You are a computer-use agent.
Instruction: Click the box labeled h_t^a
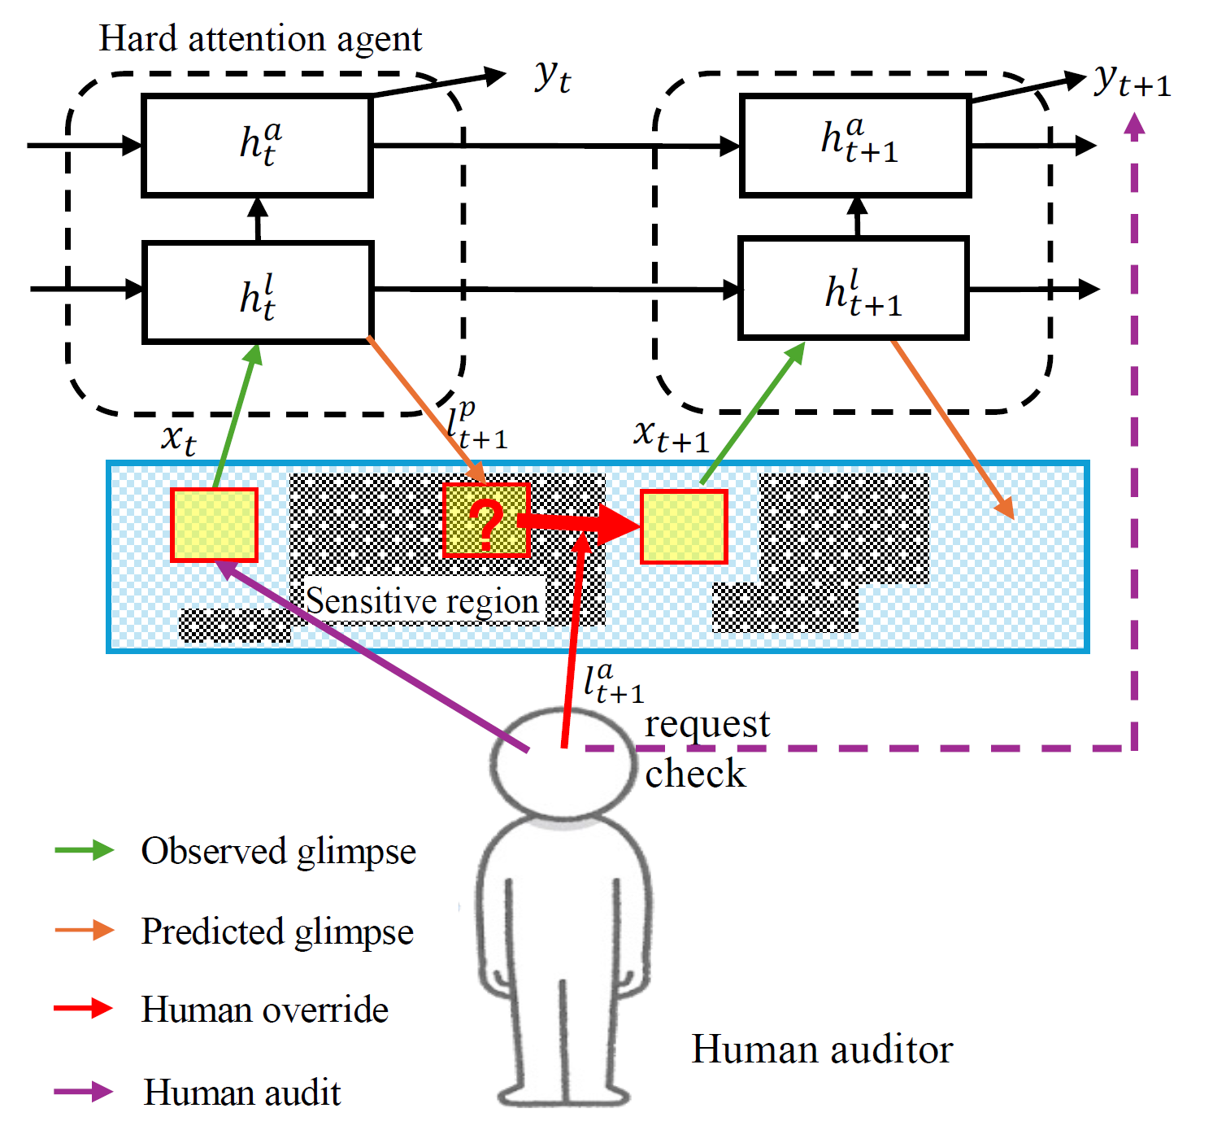[x=257, y=146]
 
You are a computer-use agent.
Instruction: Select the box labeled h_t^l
[x=257, y=292]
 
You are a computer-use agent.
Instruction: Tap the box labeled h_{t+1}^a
[x=855, y=146]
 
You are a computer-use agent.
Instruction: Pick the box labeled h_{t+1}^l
[x=854, y=287]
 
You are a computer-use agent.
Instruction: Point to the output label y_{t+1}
[x=1132, y=81]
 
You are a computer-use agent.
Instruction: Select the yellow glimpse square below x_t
[x=214, y=525]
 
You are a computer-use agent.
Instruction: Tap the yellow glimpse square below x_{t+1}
[x=684, y=526]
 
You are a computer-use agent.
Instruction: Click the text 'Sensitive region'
[x=421, y=600]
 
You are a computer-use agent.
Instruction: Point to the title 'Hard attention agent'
[x=260, y=39]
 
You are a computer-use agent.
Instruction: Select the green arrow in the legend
[x=85, y=850]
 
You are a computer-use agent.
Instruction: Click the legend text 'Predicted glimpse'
[x=277, y=931]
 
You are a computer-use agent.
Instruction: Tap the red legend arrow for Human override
[x=83, y=1008]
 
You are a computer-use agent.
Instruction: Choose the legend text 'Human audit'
[x=241, y=1092]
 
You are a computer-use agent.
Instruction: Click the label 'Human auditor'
[x=821, y=1050]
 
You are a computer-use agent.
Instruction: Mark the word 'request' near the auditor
[x=707, y=726]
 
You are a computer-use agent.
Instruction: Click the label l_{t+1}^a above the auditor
[x=613, y=683]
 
